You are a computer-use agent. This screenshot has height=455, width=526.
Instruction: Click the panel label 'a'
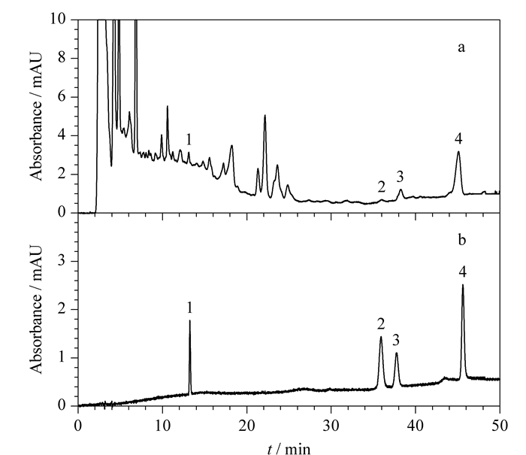(461, 48)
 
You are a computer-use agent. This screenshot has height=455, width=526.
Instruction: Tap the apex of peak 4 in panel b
(463, 285)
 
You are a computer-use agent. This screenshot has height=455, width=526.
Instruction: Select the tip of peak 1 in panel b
(190, 320)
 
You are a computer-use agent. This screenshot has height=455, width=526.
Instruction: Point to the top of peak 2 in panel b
(381, 336)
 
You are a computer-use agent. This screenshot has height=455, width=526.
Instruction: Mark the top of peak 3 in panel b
(397, 353)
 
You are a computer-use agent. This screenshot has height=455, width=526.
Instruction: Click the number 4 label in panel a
(458, 138)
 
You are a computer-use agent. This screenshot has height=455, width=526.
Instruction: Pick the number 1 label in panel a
(189, 139)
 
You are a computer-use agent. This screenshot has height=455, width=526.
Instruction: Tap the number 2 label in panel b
(381, 324)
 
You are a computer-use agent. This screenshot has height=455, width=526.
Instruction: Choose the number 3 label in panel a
(400, 177)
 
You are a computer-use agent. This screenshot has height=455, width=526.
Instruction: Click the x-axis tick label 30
(331, 426)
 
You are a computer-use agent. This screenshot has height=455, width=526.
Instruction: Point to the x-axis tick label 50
(500, 426)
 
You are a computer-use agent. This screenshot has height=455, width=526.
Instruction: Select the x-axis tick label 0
(78, 426)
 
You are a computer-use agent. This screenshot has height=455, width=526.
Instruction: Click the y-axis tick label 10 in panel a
(58, 19)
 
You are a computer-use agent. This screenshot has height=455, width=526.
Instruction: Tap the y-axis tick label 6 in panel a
(62, 97)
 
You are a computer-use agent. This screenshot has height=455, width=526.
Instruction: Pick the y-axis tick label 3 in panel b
(62, 261)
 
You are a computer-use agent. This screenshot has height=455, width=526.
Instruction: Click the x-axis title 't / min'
(289, 449)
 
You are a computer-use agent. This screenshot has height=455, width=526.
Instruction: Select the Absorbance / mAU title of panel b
(36, 309)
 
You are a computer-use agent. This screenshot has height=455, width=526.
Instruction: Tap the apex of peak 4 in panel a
(458, 151)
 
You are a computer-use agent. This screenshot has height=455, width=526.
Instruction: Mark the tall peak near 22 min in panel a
(265, 115)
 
